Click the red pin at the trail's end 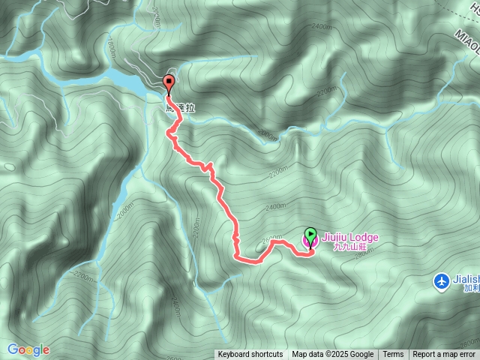pyautogui.click(x=169, y=82)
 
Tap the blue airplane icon pyautogui.click(x=442, y=280)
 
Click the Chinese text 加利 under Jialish pyautogui.click(x=471, y=288)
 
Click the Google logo pyautogui.click(x=28, y=349)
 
